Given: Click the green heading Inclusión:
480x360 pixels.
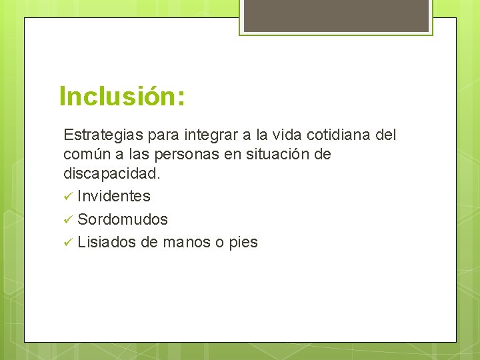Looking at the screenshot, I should [122, 96].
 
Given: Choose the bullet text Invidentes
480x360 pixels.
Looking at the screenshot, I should [114, 196].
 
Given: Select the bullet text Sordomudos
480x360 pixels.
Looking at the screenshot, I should [123, 219].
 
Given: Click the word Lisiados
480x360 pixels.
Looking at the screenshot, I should [107, 242].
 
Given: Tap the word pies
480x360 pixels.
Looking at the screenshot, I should [243, 242].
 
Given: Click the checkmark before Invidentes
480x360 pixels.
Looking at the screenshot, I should [67, 197].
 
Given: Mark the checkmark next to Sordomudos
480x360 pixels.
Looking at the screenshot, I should [67, 219].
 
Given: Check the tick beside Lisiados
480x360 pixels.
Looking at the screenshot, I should [67, 243].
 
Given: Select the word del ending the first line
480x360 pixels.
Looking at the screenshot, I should [385, 135].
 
